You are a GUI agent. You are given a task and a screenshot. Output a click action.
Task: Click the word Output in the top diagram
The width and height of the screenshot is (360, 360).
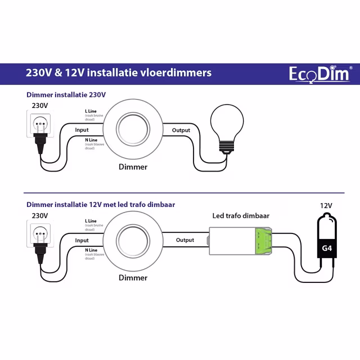[x=181, y=130]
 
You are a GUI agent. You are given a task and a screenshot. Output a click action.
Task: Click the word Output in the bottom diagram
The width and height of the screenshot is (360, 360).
[x=185, y=240]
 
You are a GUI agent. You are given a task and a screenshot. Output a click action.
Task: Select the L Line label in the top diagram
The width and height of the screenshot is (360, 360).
[x=90, y=111]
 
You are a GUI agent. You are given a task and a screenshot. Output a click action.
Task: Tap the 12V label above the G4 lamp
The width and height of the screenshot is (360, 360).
[x=326, y=205]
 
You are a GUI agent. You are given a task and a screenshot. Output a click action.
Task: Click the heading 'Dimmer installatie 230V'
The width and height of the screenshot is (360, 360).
[x=65, y=94]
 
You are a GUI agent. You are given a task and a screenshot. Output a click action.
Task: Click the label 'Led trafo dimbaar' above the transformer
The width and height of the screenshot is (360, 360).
[x=241, y=216]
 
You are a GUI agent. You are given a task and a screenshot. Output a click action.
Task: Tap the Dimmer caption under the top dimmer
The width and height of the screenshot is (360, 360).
[x=133, y=167]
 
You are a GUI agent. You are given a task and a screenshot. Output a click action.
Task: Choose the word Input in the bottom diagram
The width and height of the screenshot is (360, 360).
[x=82, y=240]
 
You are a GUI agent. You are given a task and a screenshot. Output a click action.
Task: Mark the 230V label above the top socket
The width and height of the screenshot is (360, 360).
[x=39, y=105]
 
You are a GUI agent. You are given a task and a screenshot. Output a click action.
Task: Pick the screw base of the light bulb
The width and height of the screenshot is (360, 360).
[x=226, y=147]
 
